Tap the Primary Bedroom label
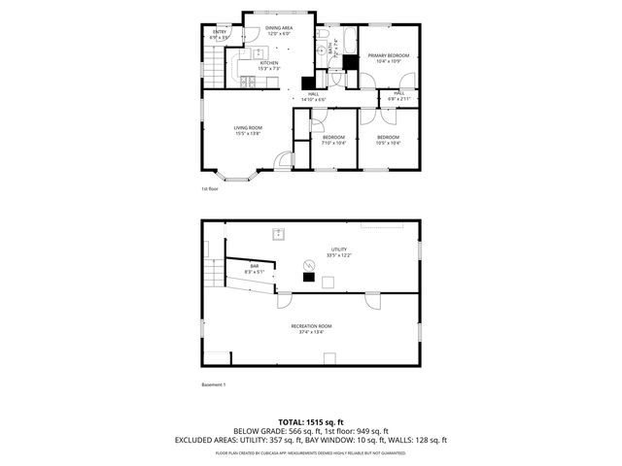[x=388, y=56]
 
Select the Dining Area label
[x=280, y=29]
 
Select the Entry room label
[x=221, y=32]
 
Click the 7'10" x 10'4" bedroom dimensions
[x=334, y=144]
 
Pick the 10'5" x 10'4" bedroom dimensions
[x=389, y=144]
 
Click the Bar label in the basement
[x=255, y=266]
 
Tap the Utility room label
[x=338, y=250]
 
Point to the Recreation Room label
[x=311, y=326]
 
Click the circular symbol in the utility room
[x=310, y=264]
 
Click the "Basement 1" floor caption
[x=213, y=384]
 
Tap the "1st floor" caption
[x=210, y=188]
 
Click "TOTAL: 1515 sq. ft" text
[x=311, y=421]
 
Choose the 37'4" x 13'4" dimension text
[x=311, y=333]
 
